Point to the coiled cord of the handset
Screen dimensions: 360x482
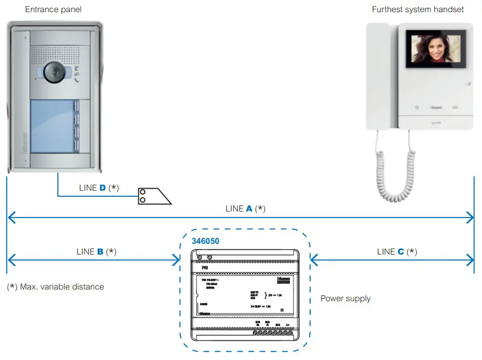[x=395, y=167]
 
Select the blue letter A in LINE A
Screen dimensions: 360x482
[x=249, y=208]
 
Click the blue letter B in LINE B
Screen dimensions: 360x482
[x=100, y=251]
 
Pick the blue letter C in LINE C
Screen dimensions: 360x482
[x=401, y=251]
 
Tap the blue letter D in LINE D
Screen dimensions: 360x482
[x=102, y=188]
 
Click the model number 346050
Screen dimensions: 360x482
[x=205, y=241]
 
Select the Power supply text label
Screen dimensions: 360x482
[x=346, y=298]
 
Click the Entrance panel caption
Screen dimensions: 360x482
[x=53, y=9]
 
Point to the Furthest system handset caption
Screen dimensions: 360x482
[x=418, y=9]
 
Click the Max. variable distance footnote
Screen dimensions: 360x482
[x=56, y=287]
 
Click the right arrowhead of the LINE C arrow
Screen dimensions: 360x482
[x=471, y=261]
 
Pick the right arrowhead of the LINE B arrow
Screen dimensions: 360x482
[x=177, y=261]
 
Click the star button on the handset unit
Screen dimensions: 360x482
[x=417, y=107]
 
